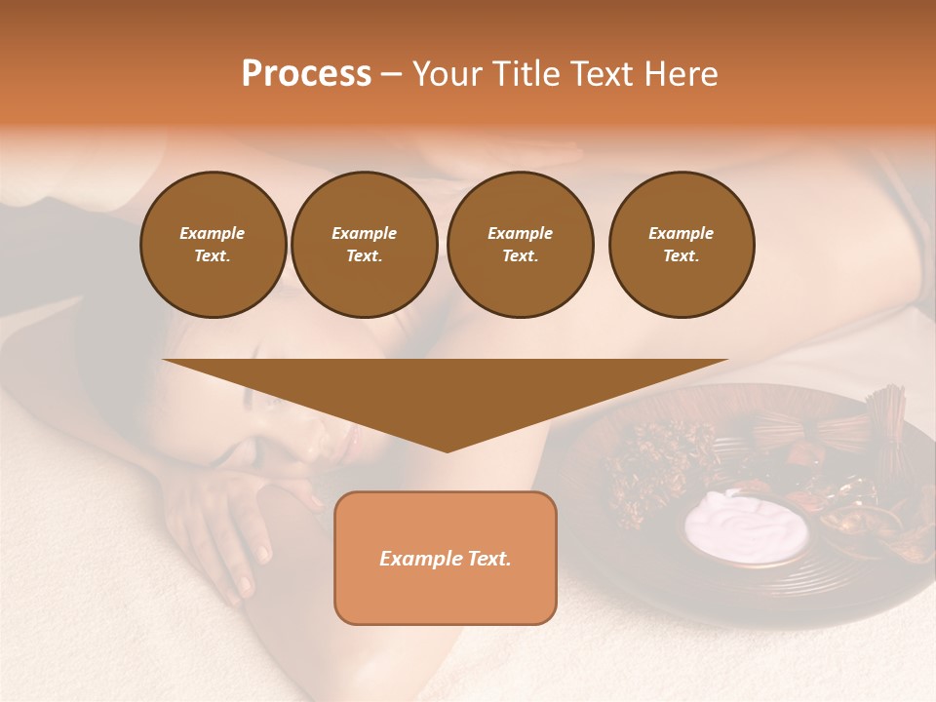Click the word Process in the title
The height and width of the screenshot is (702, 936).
click(x=306, y=74)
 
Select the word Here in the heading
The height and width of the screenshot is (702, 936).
click(x=679, y=74)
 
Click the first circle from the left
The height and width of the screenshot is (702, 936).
click(x=213, y=245)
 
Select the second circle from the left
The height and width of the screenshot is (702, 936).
click(x=364, y=245)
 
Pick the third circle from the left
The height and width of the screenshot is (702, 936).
click(x=520, y=245)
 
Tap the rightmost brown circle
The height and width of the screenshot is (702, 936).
click(x=681, y=245)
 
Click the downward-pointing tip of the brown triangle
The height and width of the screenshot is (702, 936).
click(x=447, y=448)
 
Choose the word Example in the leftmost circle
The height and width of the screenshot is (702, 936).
click(x=213, y=233)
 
